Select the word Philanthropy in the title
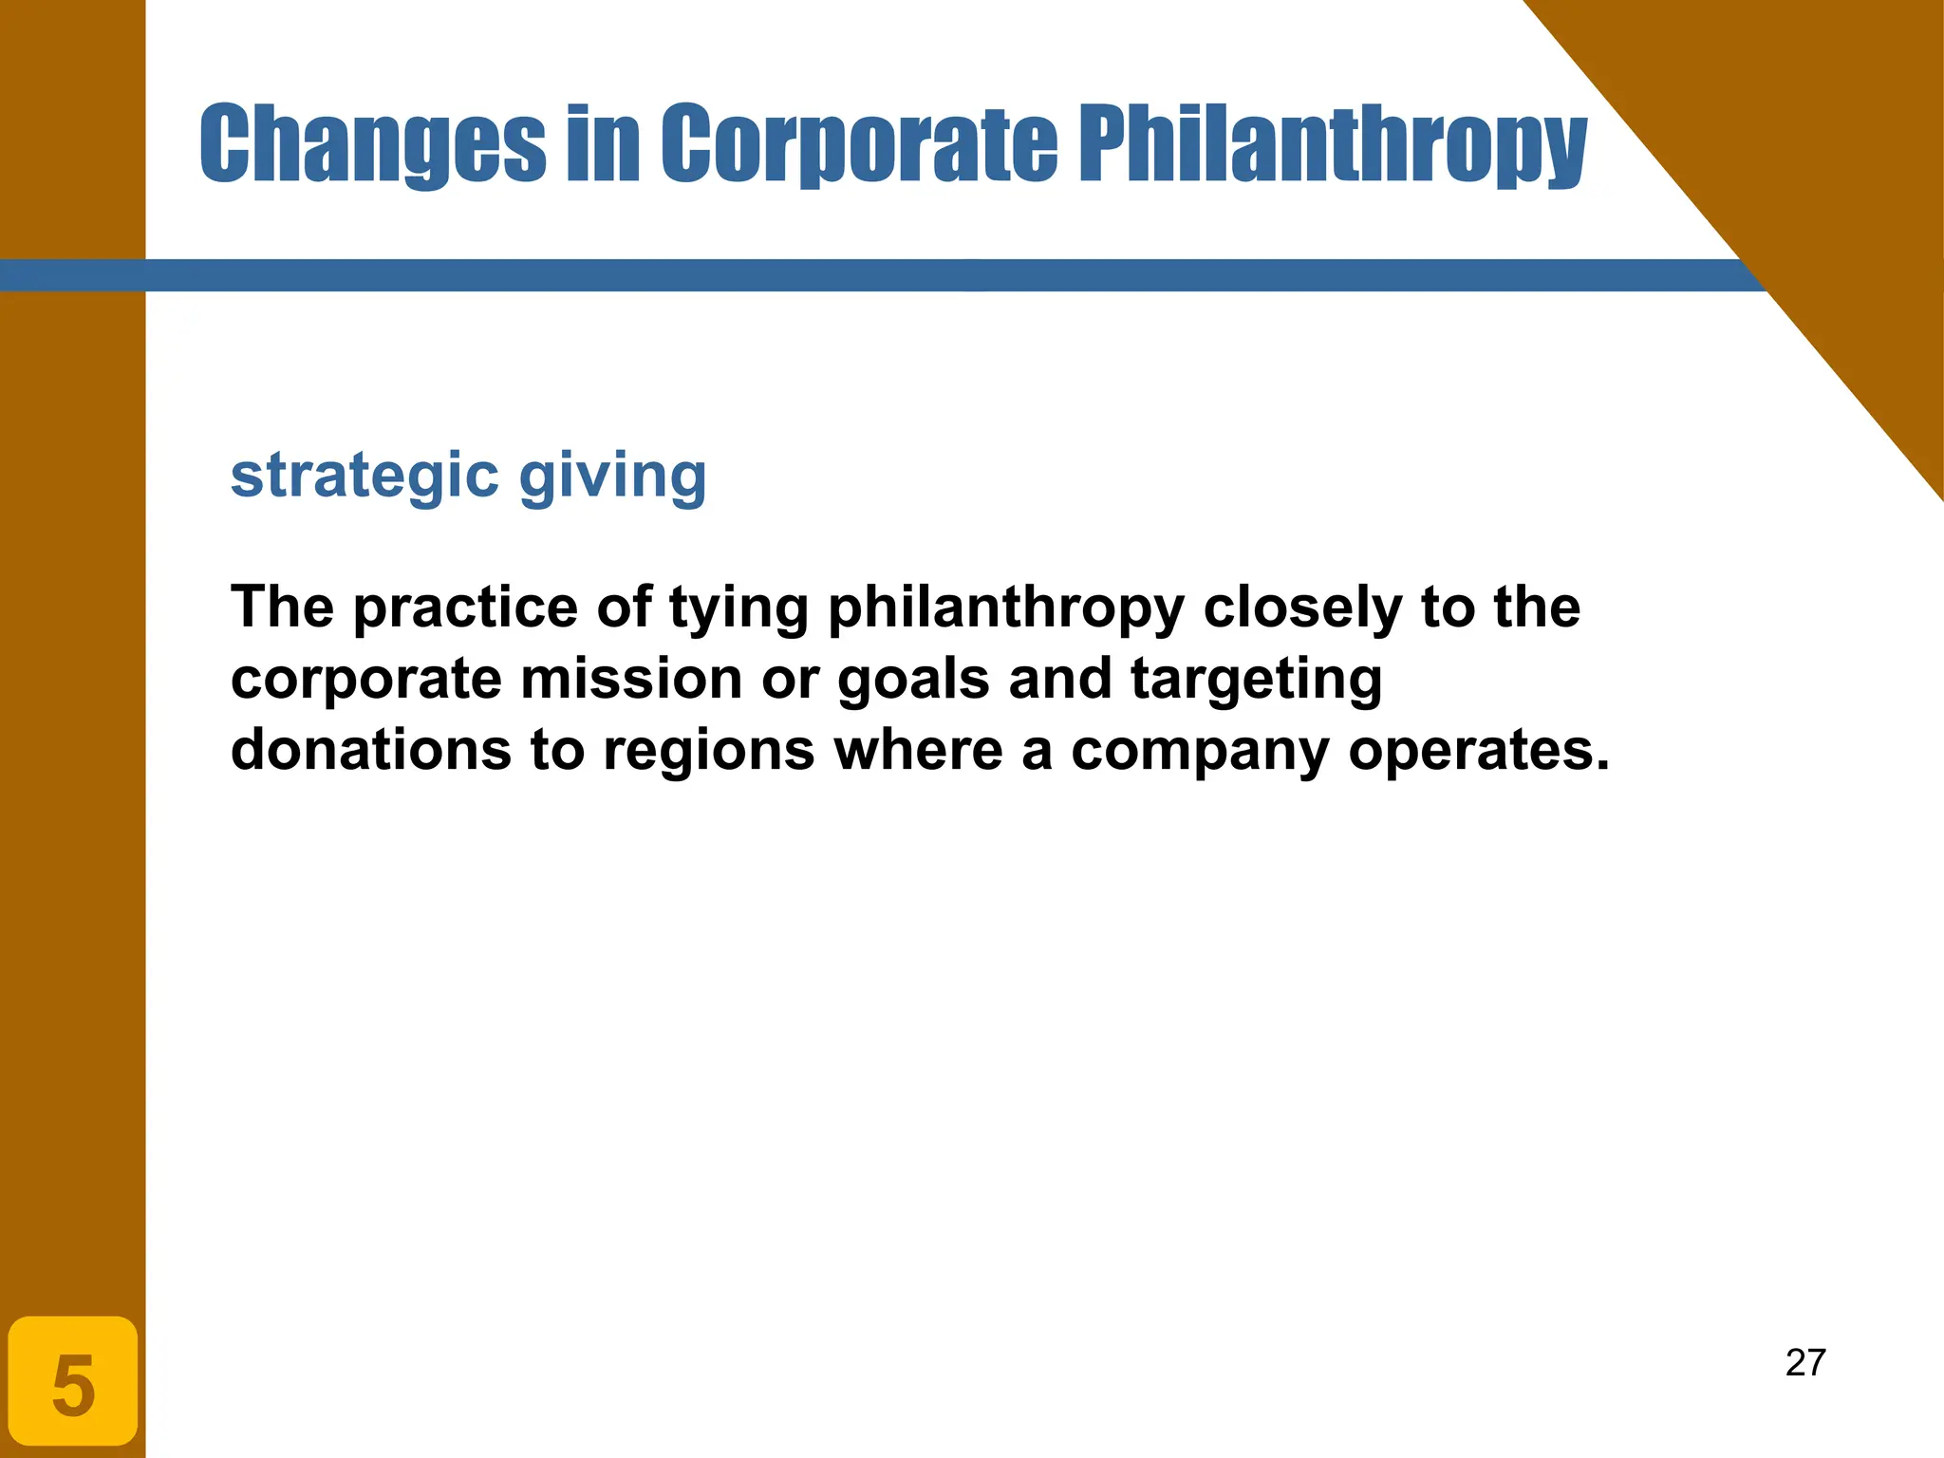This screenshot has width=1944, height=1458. pos(1333,144)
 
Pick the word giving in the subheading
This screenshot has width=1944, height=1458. pos(612,477)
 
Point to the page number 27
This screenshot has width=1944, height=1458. pos(1805,1363)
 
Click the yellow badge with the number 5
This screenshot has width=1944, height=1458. pos(73,1382)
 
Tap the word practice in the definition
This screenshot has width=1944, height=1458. pos(465,607)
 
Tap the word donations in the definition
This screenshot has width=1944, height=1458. pos(371,750)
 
